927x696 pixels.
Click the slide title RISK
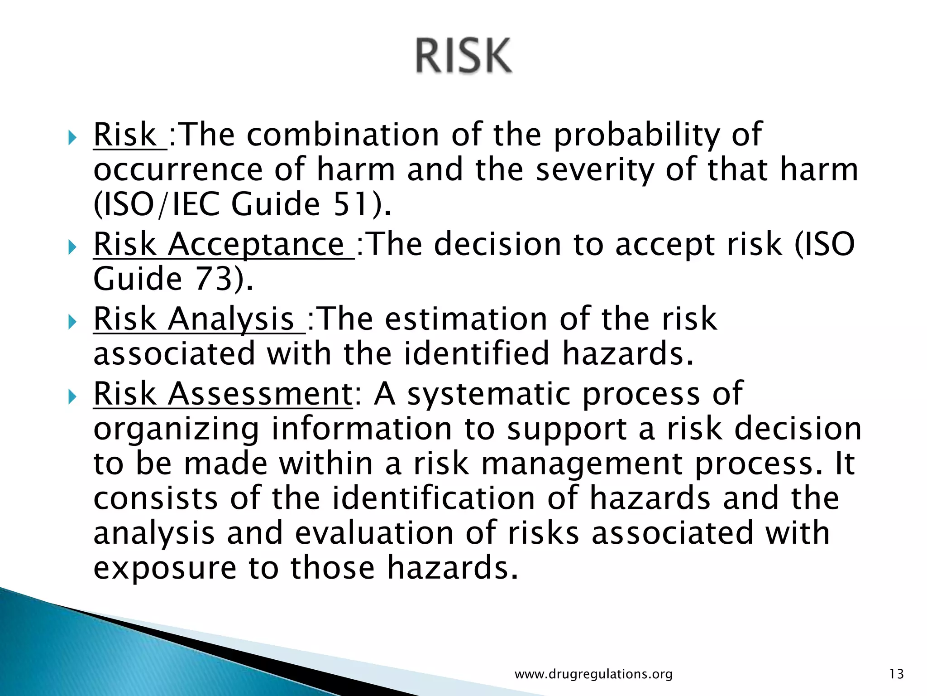pos(463,56)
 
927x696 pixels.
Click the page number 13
pos(896,674)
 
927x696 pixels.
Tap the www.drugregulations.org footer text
pos(593,674)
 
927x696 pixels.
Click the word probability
pos(636,135)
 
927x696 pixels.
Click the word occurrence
pos(178,170)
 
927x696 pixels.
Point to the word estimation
pos(466,319)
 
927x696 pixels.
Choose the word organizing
pos(177,430)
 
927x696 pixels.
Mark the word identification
pos(434,498)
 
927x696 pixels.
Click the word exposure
pos(165,568)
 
